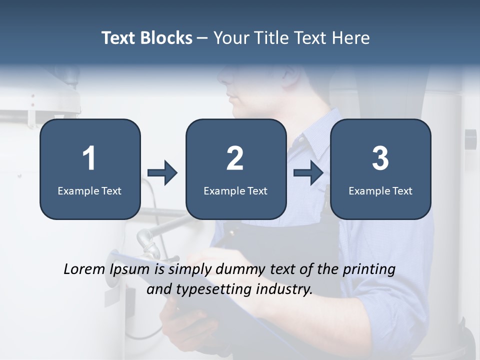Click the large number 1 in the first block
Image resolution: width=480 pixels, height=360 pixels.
tap(89, 158)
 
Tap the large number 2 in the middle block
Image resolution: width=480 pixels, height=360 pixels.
tap(235, 158)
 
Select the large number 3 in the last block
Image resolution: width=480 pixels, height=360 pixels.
tap(380, 158)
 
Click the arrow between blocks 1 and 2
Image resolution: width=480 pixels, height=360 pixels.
tap(162, 173)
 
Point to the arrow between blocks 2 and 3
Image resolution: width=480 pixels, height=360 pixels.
tap(308, 173)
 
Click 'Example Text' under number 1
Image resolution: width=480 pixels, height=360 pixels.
tap(89, 190)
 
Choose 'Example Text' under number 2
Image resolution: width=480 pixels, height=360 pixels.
tap(235, 190)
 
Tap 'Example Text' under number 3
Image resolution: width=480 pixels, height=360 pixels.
tap(380, 190)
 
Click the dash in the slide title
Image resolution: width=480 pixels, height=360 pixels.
tap(202, 38)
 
